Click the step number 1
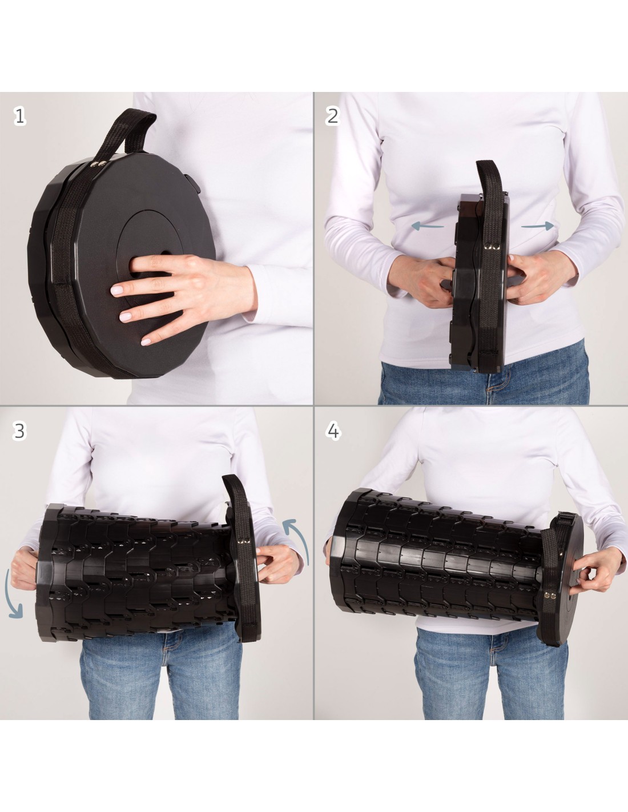(x=20, y=116)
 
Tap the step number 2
(x=332, y=116)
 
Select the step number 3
(x=19, y=431)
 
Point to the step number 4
(x=333, y=432)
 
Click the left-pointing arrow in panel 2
(x=428, y=226)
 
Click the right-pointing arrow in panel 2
(x=537, y=226)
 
